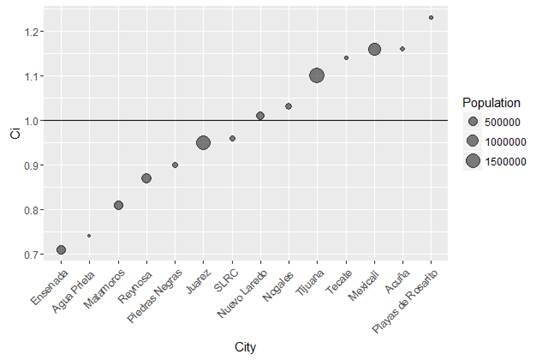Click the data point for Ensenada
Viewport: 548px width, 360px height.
pos(61,250)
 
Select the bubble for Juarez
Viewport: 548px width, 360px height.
pos(203,143)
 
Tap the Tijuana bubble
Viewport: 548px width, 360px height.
pos(317,76)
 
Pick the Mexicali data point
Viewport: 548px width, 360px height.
pos(374,49)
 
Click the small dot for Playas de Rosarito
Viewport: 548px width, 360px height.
pos(431,18)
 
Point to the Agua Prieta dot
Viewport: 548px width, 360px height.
pos(89,236)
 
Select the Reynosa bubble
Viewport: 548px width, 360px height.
pos(146,178)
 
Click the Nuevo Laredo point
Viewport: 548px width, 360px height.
pos(260,116)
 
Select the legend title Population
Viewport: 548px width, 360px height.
pos(491,103)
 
